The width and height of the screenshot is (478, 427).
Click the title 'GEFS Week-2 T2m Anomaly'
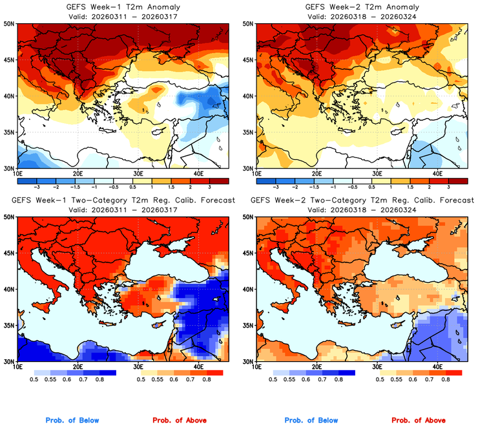tap(360, 7)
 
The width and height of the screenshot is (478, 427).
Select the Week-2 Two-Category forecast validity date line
tap(360, 210)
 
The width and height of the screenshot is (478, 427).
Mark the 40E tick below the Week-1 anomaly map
tap(198, 174)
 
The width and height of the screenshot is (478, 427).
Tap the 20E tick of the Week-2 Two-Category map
tap(317, 367)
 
